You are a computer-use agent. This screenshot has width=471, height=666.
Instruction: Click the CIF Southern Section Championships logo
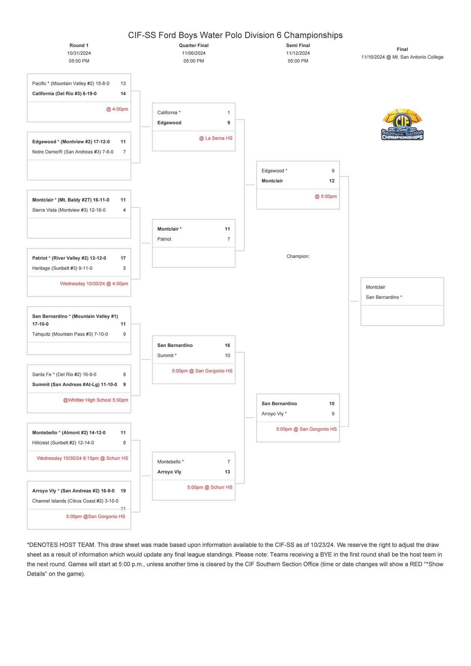402,125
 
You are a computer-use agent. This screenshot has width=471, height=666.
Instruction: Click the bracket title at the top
235,35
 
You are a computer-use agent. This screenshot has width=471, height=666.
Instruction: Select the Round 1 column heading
79,46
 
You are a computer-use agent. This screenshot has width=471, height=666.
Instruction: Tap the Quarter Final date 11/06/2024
193,53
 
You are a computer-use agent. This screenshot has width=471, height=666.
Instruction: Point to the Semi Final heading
298,46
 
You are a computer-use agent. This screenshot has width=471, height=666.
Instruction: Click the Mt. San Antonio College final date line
402,57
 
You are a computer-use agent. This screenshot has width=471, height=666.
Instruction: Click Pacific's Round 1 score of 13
123,83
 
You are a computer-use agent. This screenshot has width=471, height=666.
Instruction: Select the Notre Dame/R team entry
73,152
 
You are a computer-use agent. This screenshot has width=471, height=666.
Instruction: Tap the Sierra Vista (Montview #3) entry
69,210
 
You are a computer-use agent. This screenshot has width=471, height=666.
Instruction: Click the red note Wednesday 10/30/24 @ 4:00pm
94,284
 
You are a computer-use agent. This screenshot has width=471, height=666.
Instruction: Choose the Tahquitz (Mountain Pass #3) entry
70,334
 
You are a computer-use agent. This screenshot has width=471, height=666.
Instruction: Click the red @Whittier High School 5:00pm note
95,400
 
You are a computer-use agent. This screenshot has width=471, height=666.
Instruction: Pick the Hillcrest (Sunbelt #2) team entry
63,443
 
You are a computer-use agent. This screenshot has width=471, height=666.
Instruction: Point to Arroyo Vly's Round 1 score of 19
123,491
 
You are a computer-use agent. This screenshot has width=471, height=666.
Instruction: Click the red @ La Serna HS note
215,138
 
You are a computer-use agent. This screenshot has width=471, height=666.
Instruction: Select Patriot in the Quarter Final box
164,239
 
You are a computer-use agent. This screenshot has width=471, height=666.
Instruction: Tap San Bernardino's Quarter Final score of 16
227,345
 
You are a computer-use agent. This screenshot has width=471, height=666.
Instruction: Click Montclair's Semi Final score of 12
331,181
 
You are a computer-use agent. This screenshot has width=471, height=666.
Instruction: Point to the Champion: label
298,256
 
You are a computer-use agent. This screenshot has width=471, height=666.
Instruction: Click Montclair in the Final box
375,287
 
